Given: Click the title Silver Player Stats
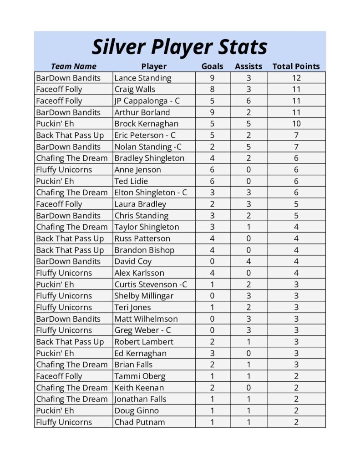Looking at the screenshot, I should pos(180,47).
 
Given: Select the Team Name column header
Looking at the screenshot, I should pos(74,66).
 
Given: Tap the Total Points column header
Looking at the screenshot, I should pos(296,66).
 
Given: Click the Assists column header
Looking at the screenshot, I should pos(248,66).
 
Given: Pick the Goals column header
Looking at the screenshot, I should pos(213,66).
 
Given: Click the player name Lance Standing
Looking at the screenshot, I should pos(143,78).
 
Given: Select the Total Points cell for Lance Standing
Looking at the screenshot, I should pos(296,78).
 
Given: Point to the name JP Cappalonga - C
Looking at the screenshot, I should pos(147,101).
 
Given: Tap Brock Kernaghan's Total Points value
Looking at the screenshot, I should pos(296,124).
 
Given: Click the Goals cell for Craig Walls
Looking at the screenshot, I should pos(213,89).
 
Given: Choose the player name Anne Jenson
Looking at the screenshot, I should pos(137,170).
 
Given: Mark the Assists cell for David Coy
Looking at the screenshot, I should pos(248,262).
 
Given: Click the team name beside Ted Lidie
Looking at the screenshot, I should pos(55,181).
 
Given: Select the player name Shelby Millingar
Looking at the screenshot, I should pos(144,296).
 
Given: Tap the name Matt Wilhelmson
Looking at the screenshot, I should pos(146,319).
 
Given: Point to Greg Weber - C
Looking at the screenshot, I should pos(142,330).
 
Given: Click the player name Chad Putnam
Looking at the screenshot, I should pos(140,422).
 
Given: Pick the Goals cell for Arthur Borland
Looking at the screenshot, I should pos(213,112).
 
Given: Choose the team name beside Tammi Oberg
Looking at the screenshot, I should pos(59,376).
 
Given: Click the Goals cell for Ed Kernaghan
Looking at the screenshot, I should pos(213,353).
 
